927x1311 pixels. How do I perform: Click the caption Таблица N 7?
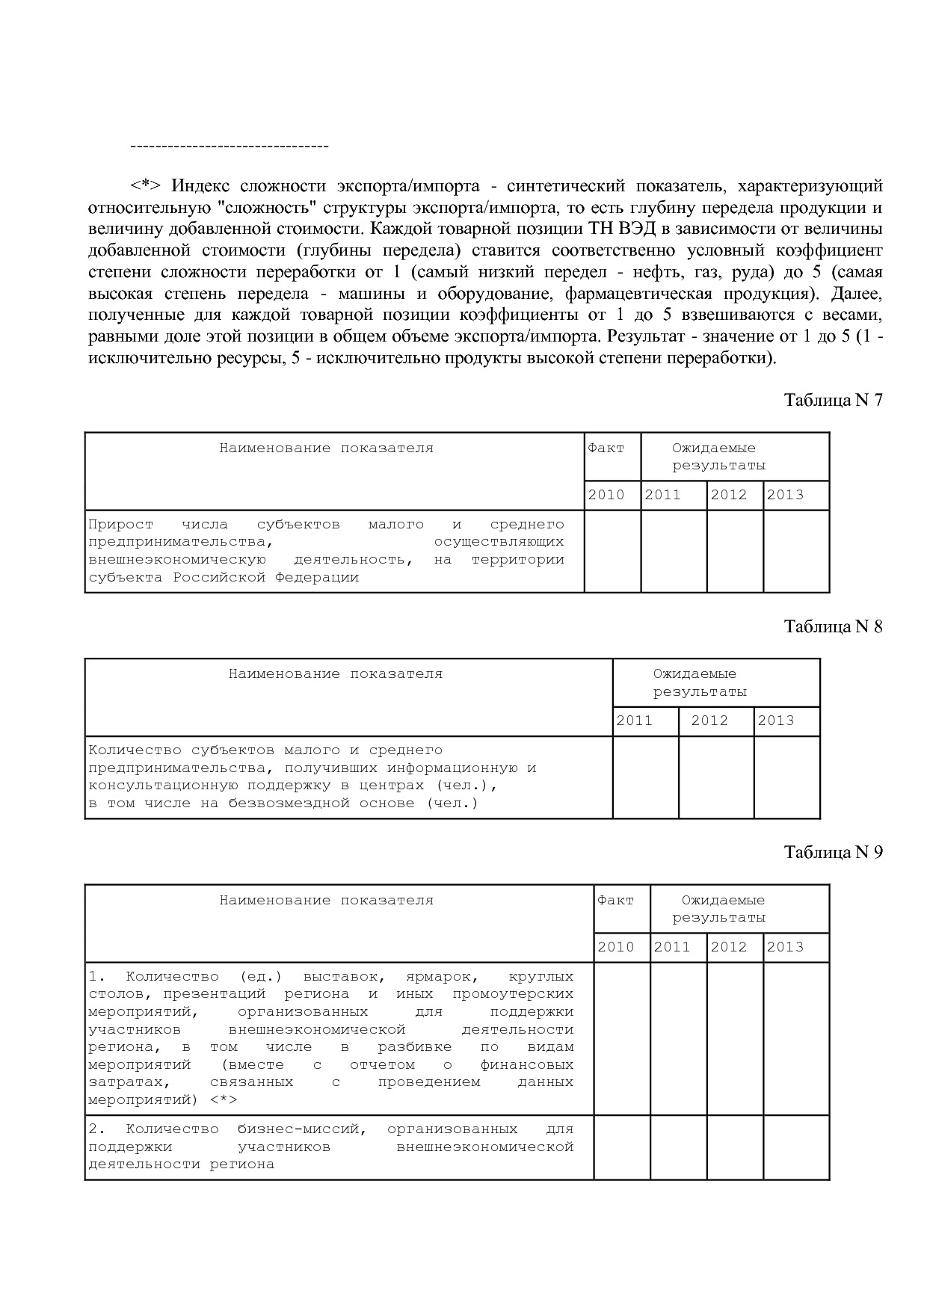pyautogui.click(x=833, y=400)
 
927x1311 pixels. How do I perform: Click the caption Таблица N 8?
pyautogui.click(x=833, y=626)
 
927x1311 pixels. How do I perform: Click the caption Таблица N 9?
pyautogui.click(x=833, y=852)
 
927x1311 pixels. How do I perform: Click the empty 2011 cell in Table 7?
pyautogui.click(x=674, y=551)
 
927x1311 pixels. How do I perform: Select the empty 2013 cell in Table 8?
pyautogui.click(x=786, y=777)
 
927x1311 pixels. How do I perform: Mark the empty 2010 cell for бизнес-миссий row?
pyautogui.click(x=622, y=1147)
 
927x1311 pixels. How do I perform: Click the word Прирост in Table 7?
pyautogui.click(x=120, y=525)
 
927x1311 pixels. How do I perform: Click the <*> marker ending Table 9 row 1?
pyautogui.click(x=224, y=1100)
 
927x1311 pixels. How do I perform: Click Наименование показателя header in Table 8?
pyautogui.click(x=336, y=674)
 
